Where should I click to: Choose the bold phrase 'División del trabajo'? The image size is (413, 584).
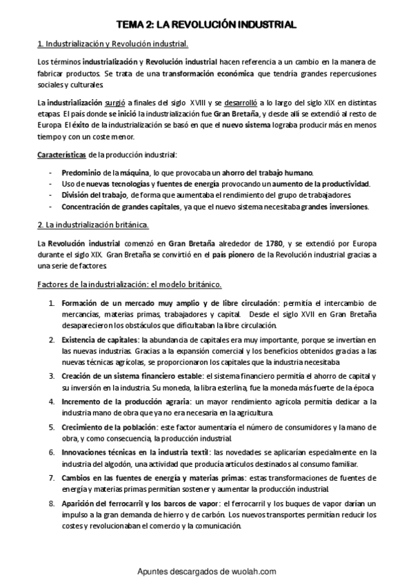coord(93,195)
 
